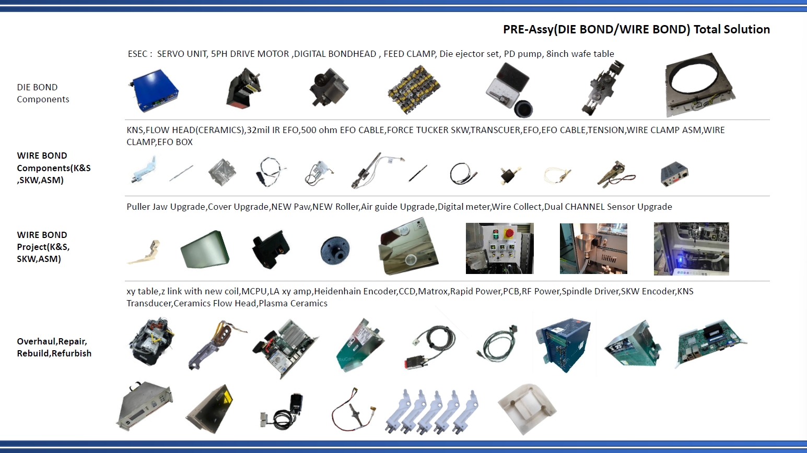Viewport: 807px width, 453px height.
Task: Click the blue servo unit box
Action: click(x=154, y=90)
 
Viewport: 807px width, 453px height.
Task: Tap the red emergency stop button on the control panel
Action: click(x=509, y=233)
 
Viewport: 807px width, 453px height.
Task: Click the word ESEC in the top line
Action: click(x=137, y=54)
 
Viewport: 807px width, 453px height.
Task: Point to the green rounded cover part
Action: click(x=205, y=249)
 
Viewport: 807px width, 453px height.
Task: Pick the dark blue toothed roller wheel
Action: click(x=335, y=251)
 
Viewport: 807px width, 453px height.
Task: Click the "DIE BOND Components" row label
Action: click(x=43, y=93)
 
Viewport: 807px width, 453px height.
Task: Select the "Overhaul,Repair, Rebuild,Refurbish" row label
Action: click(x=54, y=347)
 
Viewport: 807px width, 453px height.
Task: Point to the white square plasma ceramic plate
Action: click(x=527, y=408)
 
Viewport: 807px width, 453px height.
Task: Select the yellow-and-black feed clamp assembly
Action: click(x=414, y=89)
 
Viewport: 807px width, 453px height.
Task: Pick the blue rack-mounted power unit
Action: click(x=563, y=344)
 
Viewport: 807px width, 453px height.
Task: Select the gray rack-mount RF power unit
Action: click(x=145, y=407)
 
